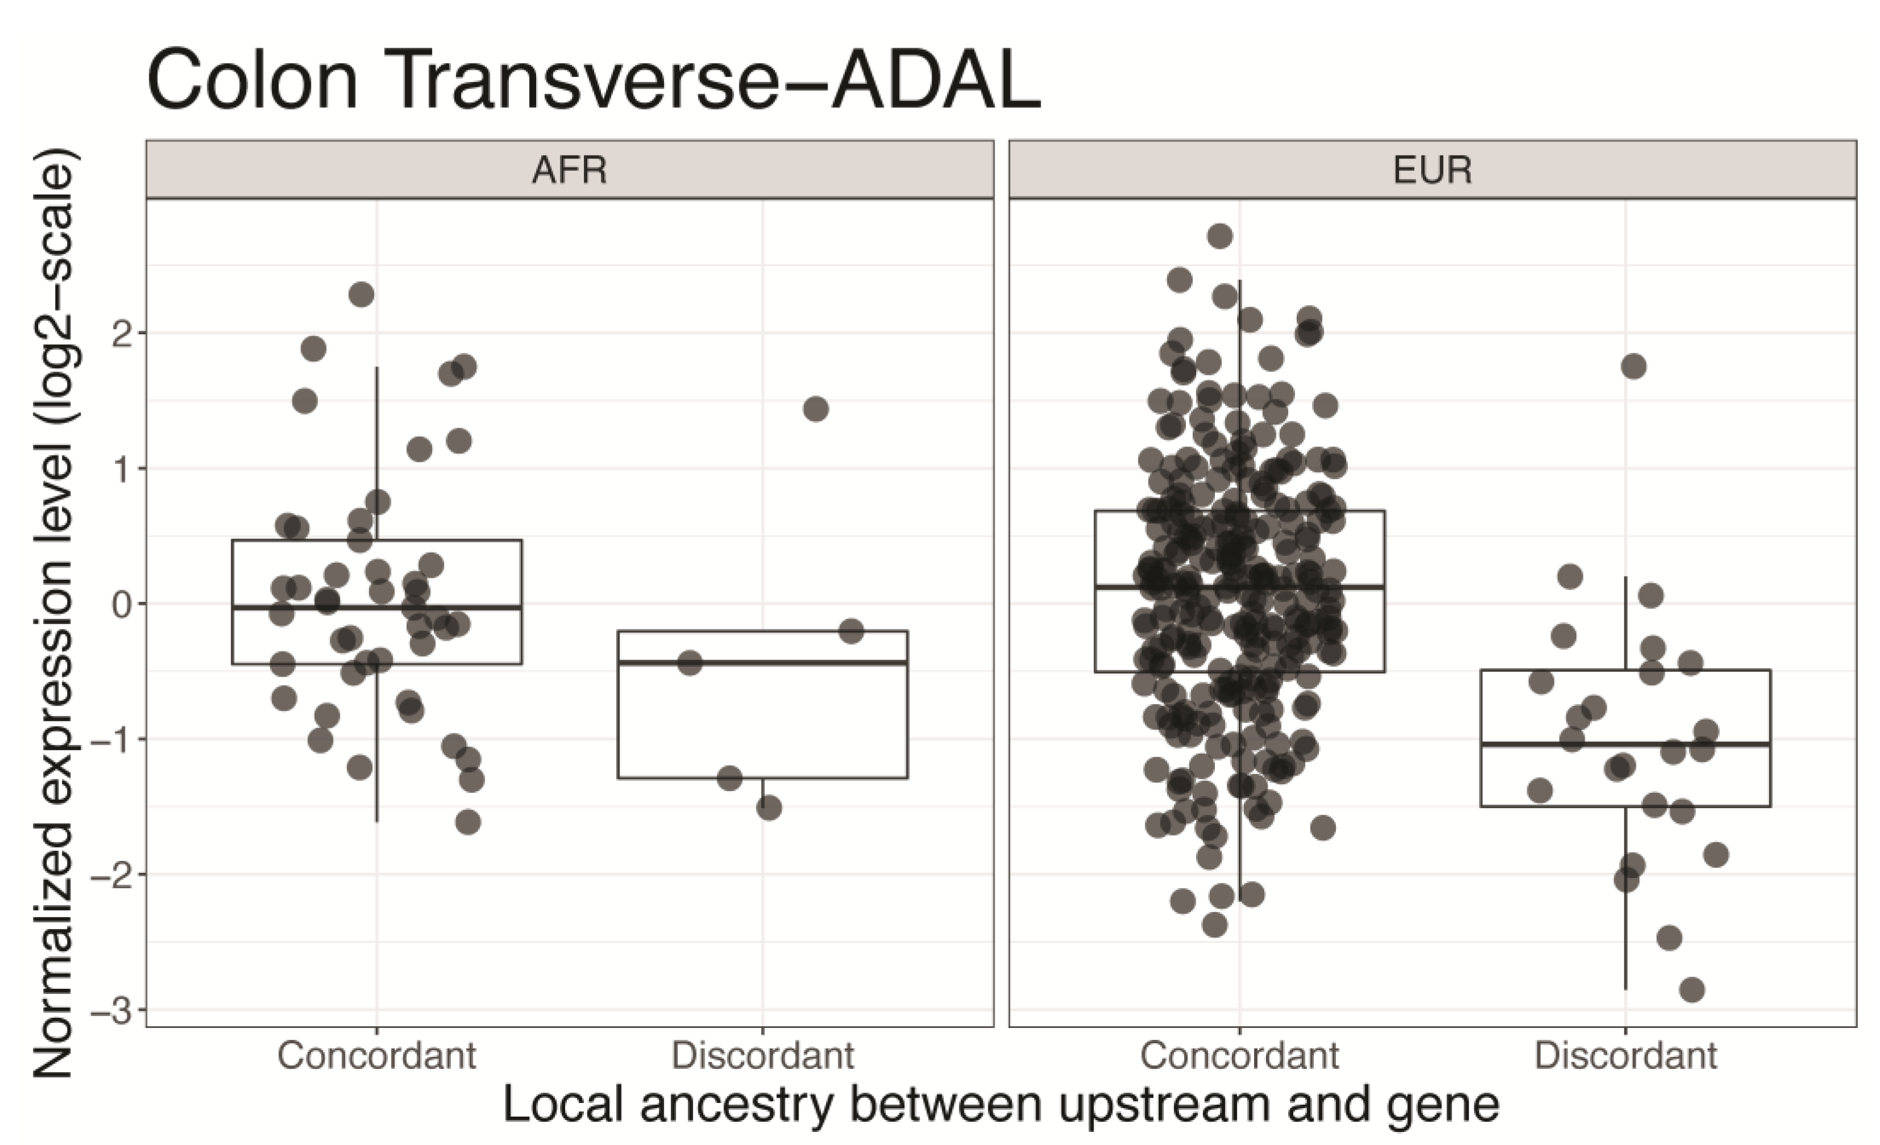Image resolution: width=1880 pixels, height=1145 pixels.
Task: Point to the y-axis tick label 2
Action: (x=122, y=333)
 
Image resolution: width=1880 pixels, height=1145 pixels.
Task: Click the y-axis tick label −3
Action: (x=111, y=1011)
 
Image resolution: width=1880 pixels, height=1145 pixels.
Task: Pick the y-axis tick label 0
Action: (x=122, y=604)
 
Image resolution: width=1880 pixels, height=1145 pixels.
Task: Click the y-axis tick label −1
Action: (x=111, y=739)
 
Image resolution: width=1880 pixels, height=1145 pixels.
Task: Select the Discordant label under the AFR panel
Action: (x=762, y=1056)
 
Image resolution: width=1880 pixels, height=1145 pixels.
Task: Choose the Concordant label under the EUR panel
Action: (x=1239, y=1056)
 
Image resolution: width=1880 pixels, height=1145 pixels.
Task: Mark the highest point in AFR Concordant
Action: (x=361, y=294)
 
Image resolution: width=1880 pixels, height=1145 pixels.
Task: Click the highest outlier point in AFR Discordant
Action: (x=816, y=409)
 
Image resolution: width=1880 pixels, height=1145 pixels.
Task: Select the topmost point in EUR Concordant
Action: (x=1219, y=236)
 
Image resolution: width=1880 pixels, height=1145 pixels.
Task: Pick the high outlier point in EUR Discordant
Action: (x=1633, y=366)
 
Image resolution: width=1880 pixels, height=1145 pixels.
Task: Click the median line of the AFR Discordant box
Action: (x=762, y=662)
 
